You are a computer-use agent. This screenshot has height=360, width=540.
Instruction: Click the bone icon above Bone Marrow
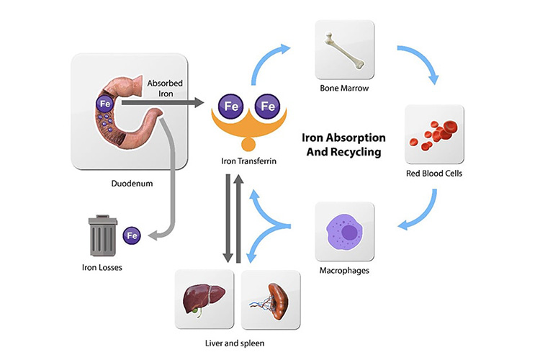(344, 49)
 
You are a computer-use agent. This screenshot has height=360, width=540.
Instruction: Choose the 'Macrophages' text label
(345, 271)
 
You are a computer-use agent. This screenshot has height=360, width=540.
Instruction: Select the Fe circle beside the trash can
(132, 235)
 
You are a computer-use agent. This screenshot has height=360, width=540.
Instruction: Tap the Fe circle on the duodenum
(104, 103)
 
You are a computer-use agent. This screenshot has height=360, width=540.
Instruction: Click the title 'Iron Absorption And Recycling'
(344, 144)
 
